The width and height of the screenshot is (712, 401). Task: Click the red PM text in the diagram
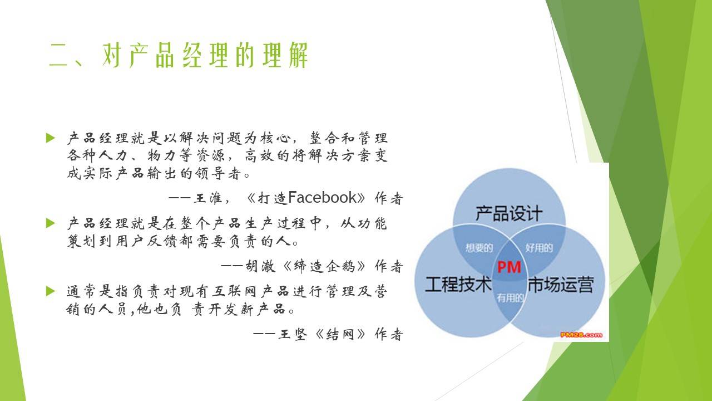point(509,267)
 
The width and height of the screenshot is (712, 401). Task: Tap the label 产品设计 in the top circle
point(509,213)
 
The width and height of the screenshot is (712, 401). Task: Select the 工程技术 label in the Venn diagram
point(458,284)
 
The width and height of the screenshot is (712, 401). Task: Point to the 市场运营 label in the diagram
point(561,284)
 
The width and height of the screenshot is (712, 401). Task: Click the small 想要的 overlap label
point(479,248)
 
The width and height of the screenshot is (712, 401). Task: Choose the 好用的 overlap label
point(539,248)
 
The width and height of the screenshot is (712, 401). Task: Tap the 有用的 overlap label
point(510,298)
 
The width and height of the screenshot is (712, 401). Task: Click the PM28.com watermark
point(581,335)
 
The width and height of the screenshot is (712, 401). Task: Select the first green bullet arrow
point(51,138)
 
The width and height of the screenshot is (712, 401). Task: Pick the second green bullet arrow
point(51,223)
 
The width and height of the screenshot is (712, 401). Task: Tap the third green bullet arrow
point(51,291)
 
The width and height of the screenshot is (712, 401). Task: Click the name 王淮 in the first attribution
point(208,198)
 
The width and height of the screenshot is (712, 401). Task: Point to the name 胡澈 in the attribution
point(260,266)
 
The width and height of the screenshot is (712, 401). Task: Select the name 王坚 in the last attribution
point(293,334)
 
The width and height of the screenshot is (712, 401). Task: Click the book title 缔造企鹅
point(324,266)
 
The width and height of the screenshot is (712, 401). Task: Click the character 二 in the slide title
point(58,55)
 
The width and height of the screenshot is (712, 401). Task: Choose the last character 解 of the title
point(299,55)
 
